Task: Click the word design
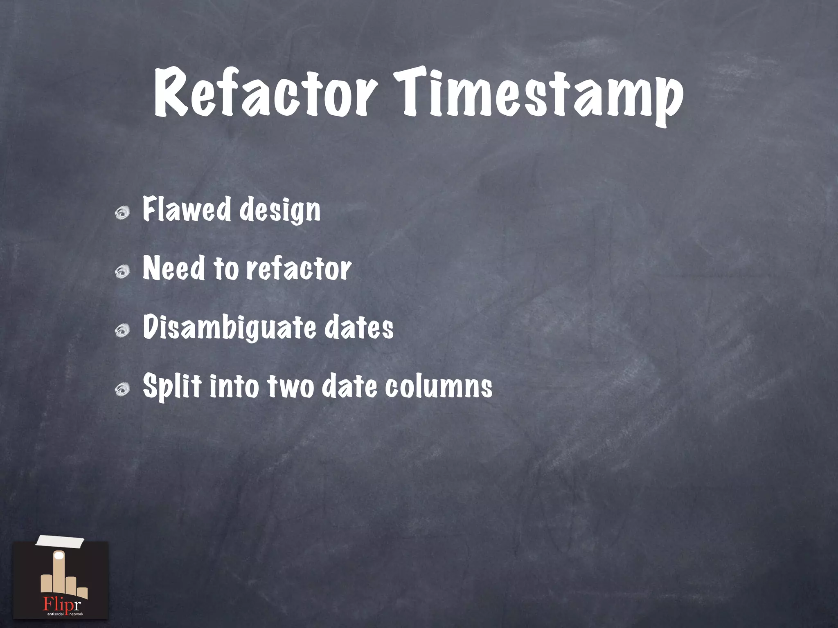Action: (x=280, y=211)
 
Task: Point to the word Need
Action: (x=174, y=268)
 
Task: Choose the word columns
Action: (x=438, y=386)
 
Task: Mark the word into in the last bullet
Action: (x=234, y=386)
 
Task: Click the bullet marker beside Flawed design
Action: (x=122, y=213)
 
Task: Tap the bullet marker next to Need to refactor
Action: (x=122, y=271)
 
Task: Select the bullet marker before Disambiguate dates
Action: (x=122, y=330)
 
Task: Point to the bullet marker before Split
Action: (x=122, y=389)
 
